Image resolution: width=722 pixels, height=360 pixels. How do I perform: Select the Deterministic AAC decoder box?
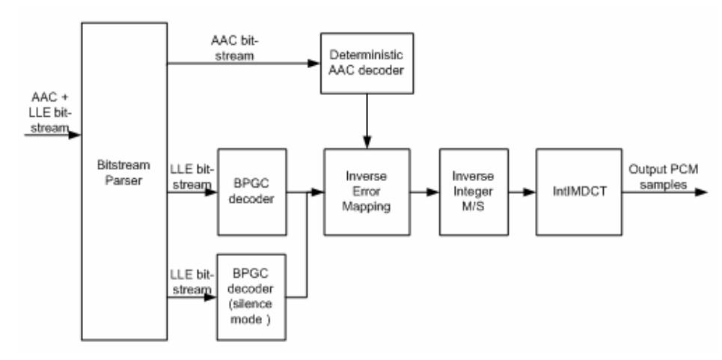click(x=366, y=64)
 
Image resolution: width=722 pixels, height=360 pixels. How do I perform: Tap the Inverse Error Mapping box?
click(x=367, y=193)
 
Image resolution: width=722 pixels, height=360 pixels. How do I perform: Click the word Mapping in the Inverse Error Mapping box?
click(x=367, y=206)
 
